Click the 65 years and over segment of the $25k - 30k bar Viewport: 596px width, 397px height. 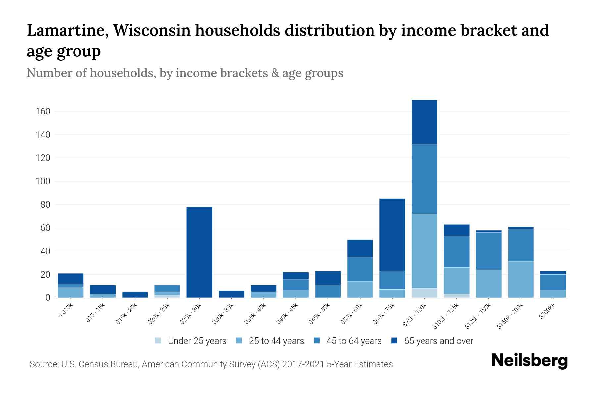[199, 252]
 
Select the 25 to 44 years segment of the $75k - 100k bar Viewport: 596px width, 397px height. [424, 251]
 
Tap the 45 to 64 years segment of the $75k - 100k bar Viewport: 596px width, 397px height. [424, 179]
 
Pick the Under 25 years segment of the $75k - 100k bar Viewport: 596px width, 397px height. [424, 293]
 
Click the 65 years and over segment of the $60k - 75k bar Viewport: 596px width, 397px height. [392, 235]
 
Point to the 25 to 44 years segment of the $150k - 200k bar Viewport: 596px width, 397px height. [521, 280]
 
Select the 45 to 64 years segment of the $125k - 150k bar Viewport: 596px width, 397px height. [489, 251]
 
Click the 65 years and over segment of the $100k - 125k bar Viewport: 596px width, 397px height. [456, 230]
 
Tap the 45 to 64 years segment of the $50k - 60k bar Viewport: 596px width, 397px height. [360, 269]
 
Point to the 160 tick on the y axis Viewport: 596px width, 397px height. [43, 111]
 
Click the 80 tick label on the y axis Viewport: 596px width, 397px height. [45, 205]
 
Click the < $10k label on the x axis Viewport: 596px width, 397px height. [66, 311]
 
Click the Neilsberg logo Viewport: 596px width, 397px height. [529, 361]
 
